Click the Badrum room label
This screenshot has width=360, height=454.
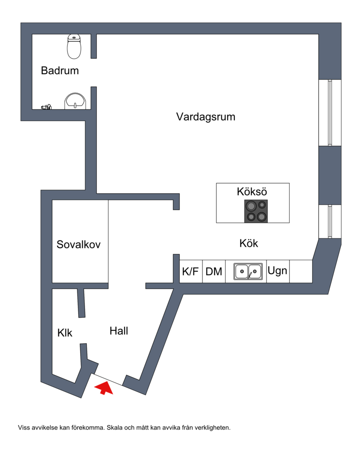pyautogui.click(x=59, y=71)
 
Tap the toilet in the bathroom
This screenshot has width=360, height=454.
pyautogui.click(x=74, y=47)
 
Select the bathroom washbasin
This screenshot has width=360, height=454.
pyautogui.click(x=75, y=100)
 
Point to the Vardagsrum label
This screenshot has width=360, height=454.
pyautogui.click(x=206, y=117)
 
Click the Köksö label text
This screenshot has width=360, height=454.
pyautogui.click(x=252, y=192)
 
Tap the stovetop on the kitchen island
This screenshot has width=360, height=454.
pyautogui.click(x=256, y=211)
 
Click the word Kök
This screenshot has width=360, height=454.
pyautogui.click(x=248, y=243)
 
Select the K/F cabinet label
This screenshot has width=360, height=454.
pyautogui.click(x=190, y=272)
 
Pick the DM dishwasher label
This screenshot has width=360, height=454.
pyautogui.click(x=214, y=272)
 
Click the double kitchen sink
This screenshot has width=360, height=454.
pyautogui.click(x=248, y=271)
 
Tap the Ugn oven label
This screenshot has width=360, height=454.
pyautogui.click(x=278, y=271)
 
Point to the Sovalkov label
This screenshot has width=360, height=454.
pyautogui.click(x=79, y=245)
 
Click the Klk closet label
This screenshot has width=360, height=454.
pyautogui.click(x=65, y=333)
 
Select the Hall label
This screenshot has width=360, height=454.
pyautogui.click(x=119, y=331)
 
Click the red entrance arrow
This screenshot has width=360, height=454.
pyautogui.click(x=104, y=387)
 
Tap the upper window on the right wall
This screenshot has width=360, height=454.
pyautogui.click(x=330, y=112)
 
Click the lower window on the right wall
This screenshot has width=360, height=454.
pyautogui.click(x=330, y=221)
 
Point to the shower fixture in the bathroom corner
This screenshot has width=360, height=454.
pyautogui.click(x=46, y=107)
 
